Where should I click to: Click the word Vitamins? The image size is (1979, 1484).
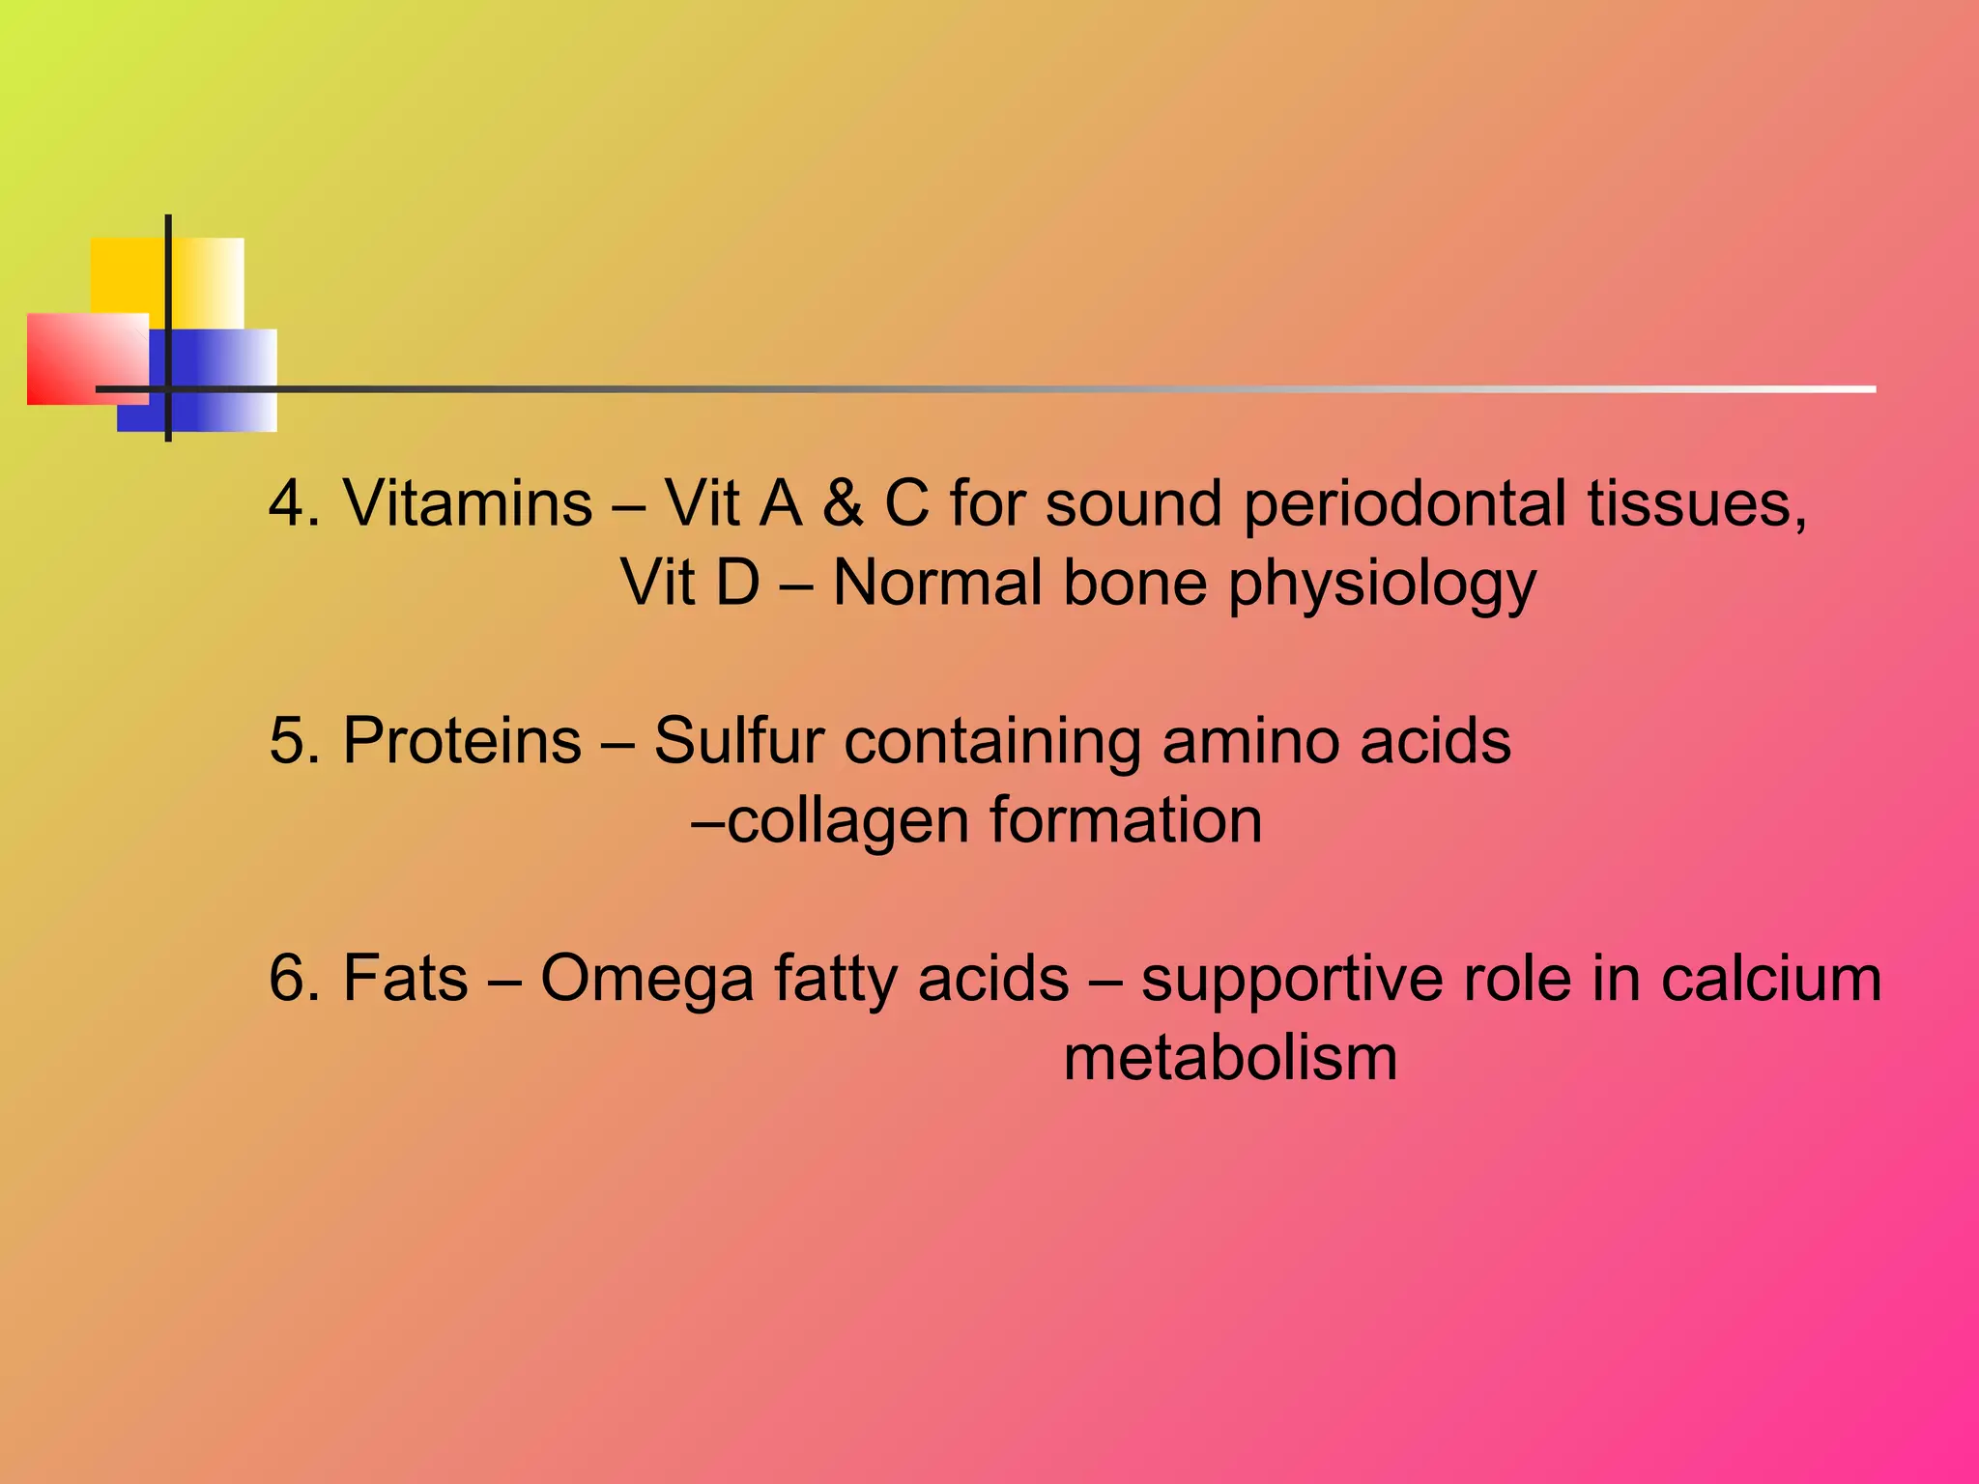468,504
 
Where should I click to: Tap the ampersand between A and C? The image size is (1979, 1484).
843,504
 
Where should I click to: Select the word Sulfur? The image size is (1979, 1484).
738,742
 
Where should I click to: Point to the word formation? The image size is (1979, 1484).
1126,821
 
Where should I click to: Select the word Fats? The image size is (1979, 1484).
406,979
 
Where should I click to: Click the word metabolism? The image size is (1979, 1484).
1230,1059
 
